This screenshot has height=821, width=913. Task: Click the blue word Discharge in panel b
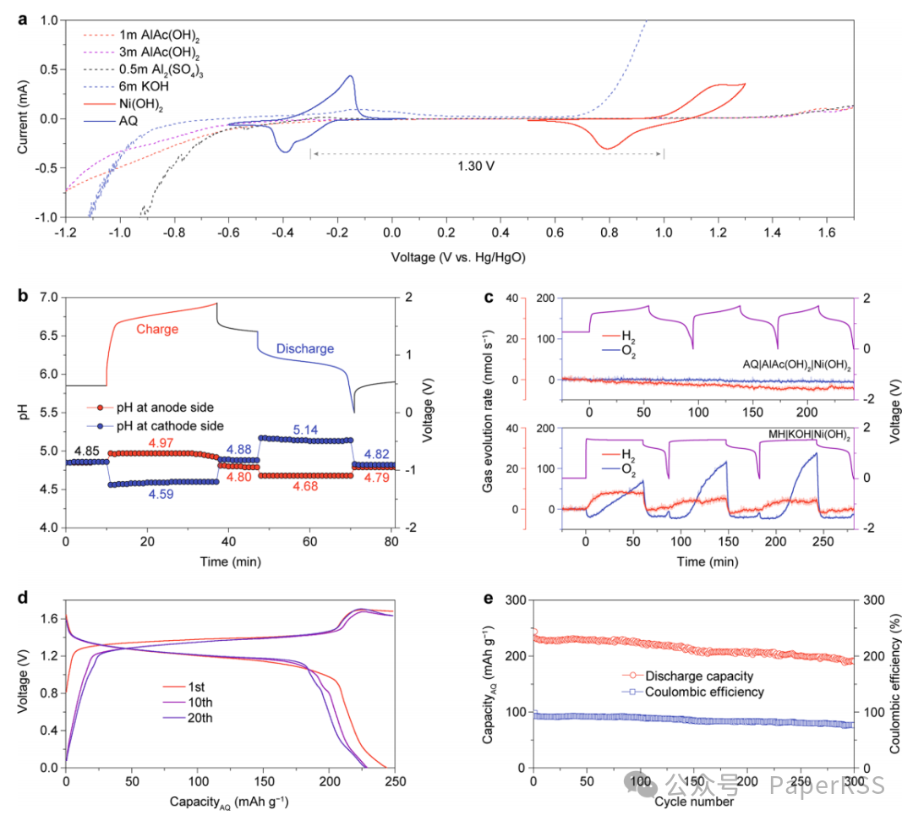click(x=295, y=348)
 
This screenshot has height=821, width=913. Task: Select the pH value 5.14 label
click(x=306, y=430)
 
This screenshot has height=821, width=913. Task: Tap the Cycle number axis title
click(x=693, y=801)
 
